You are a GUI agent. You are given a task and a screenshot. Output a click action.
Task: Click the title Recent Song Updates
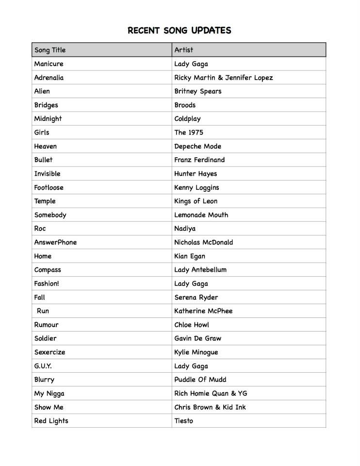coord(180,31)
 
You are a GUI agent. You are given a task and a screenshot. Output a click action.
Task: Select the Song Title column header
coord(50,50)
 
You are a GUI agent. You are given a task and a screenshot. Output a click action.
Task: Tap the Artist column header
coord(184,50)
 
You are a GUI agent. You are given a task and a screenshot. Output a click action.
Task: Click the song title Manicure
coord(49,64)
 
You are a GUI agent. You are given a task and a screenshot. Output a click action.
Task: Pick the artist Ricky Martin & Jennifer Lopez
coord(224,78)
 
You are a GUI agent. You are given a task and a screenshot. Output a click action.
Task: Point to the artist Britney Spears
coord(198,91)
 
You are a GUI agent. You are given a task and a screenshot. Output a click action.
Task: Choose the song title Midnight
coord(48,118)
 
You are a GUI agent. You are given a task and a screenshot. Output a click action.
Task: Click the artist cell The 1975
coord(189,133)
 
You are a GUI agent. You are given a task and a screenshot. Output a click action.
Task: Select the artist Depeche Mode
coord(198,146)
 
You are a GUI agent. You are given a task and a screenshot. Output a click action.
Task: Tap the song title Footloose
coord(49,187)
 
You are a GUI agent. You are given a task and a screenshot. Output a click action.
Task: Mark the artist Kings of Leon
coord(196,201)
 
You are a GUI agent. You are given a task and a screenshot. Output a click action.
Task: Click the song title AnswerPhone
coord(55,242)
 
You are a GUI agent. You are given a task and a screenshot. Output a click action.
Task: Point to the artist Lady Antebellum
coord(200,269)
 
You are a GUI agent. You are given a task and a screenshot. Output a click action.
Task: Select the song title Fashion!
coord(47,283)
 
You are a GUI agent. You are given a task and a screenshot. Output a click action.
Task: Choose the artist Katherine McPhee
coord(203,311)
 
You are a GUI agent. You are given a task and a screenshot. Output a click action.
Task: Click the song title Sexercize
coord(49,352)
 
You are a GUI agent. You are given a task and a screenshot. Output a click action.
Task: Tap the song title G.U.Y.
coord(43,366)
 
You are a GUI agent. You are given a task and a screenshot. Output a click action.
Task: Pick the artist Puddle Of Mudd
coord(200,380)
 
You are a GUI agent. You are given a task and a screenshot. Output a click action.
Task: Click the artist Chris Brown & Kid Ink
coord(210,407)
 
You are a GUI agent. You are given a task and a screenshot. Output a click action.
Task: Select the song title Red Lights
coord(51,421)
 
